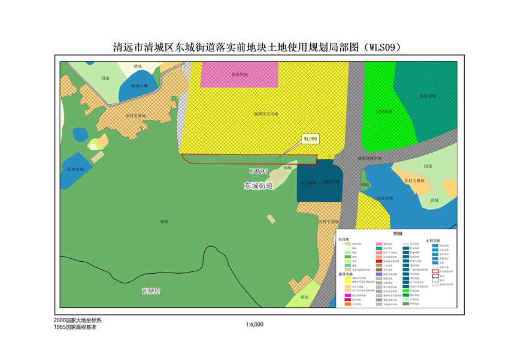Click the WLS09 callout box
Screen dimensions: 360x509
click(311, 139)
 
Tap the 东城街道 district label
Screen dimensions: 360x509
click(258, 186)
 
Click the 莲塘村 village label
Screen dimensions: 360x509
click(151, 291)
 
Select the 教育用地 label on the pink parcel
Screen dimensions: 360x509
click(240, 75)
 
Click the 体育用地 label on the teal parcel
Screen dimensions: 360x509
click(427, 96)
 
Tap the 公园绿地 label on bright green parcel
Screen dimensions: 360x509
click(384, 111)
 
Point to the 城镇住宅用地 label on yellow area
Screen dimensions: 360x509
click(265, 113)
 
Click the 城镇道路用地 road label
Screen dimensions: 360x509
click(369, 159)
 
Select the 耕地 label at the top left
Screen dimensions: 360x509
click(138, 66)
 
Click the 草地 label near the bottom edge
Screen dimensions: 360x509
click(304, 297)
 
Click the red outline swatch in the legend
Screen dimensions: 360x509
click(435, 271)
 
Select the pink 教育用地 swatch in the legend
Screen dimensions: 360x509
click(380, 244)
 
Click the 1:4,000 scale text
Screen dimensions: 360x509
click(255, 325)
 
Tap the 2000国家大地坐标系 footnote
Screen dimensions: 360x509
click(78, 320)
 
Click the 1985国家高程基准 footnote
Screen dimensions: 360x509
click(75, 328)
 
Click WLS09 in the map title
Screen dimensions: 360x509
click(379, 47)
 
